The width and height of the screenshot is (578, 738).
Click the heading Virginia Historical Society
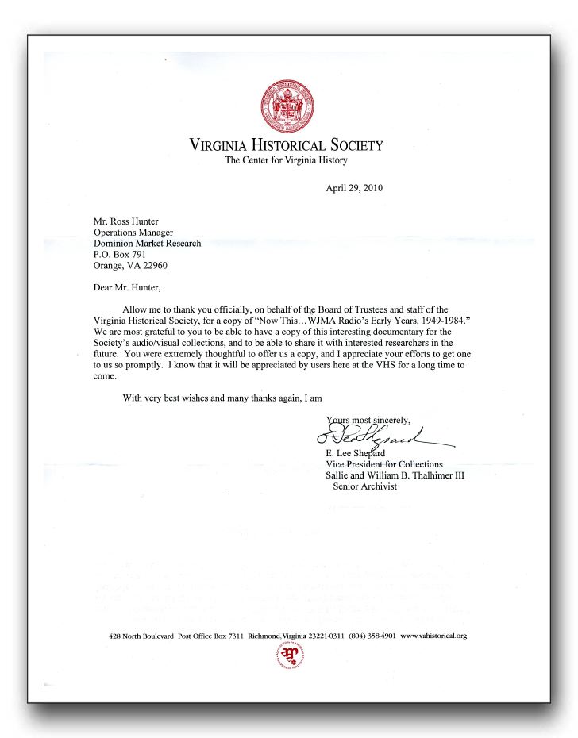pos(286,145)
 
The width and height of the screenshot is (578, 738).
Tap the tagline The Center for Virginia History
pos(286,160)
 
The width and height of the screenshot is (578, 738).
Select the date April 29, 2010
pos(354,188)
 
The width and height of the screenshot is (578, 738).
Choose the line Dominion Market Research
pos(147,244)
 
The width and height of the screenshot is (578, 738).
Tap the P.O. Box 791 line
pos(120,255)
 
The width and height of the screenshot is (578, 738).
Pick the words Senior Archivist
pos(365,486)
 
